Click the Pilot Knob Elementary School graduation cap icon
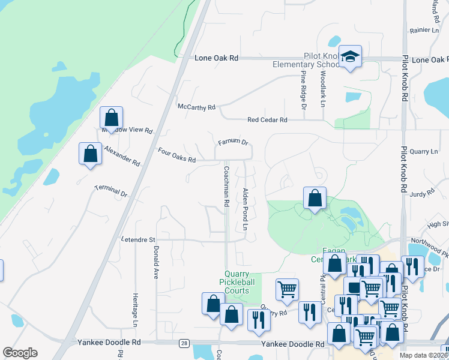[350, 57]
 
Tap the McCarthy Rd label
[196, 107]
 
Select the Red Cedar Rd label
[267, 120]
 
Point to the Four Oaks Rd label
[176, 155]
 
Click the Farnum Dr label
[233, 142]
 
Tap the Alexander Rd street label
[122, 155]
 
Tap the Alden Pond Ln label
[245, 209]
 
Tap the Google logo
[20, 353]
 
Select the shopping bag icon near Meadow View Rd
[111, 117]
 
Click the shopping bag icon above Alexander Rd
[90, 153]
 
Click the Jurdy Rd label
[422, 193]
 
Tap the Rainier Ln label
[424, 30]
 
